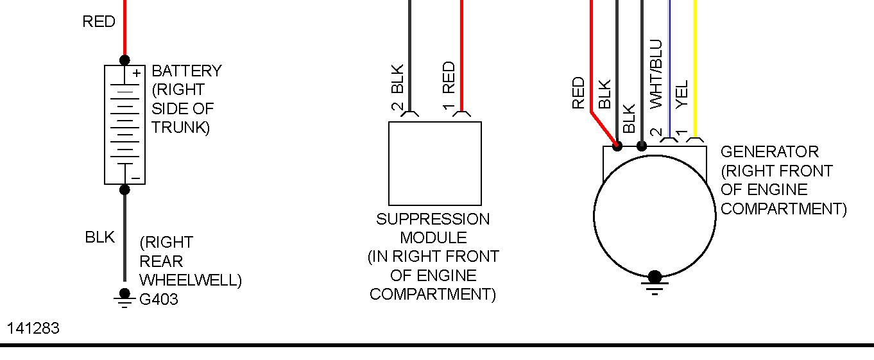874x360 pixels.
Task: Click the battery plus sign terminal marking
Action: [x=137, y=73]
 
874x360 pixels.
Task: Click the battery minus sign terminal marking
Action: [x=136, y=178]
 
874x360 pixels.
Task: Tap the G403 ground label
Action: [x=159, y=299]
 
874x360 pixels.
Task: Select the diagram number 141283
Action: [x=33, y=329]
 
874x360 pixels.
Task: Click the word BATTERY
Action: [x=187, y=71]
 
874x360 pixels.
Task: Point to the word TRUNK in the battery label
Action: [x=180, y=128]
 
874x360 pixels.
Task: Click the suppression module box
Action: [x=434, y=163]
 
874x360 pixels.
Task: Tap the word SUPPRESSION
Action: [x=433, y=219]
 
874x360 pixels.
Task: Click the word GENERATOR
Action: [x=769, y=152]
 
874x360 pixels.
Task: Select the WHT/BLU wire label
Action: [x=655, y=74]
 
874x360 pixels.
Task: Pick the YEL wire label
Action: [x=681, y=94]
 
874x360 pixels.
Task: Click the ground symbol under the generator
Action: [x=655, y=283]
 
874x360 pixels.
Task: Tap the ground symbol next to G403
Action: [x=124, y=296]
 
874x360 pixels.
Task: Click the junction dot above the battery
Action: [x=124, y=60]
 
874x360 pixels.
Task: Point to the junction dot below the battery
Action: [x=124, y=189]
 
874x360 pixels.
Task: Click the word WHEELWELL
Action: [x=191, y=280]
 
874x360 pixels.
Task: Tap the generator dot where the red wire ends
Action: [x=617, y=146]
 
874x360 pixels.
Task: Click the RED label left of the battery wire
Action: [x=99, y=22]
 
